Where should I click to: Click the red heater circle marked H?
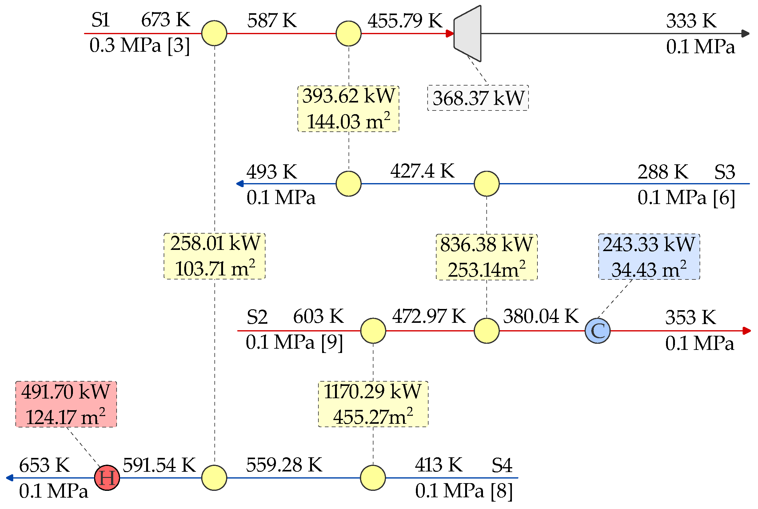[107, 478]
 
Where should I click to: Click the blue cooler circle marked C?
[598, 331]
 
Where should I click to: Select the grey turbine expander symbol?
[468, 34]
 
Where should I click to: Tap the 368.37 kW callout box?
[478, 98]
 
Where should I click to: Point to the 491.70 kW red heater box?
[66, 404]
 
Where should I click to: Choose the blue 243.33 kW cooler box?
[649, 257]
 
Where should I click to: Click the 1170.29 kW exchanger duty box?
[373, 404]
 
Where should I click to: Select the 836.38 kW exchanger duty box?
[487, 257]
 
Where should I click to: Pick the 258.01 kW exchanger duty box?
[214, 256]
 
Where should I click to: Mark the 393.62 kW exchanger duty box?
[349, 109]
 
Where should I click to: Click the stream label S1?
[101, 20]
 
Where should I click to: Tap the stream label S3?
[724, 172]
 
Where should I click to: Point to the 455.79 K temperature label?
[405, 21]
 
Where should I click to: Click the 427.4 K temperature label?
[422, 171]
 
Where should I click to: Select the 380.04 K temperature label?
[541, 316]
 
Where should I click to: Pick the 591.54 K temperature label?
[159, 465]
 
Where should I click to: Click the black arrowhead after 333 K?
[745, 34]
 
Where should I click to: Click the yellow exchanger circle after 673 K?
[214, 34]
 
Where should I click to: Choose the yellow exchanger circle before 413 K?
[373, 478]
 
